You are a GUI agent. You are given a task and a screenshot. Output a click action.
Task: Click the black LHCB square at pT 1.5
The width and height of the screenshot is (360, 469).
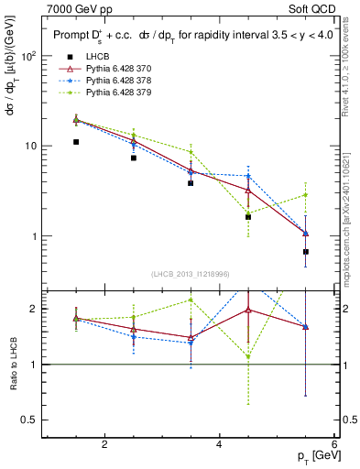[x=76, y=142]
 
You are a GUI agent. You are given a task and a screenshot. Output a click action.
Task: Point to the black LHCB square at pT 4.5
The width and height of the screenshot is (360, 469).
[x=248, y=217]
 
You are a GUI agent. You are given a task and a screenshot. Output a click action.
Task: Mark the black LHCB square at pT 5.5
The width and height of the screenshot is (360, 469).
[x=306, y=251]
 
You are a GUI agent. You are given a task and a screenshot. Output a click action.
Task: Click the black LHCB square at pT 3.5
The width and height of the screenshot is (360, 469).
[x=191, y=183]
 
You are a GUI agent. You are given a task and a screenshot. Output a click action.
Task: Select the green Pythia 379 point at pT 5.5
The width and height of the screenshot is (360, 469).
[x=306, y=194]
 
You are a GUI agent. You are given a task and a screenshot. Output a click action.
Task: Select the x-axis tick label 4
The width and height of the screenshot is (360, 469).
[x=220, y=444]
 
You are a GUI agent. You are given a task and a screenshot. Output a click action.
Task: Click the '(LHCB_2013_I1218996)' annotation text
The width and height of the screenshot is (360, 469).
[x=191, y=274]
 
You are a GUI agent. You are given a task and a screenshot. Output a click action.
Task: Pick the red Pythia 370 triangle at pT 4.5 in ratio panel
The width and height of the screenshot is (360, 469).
[x=248, y=310]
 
